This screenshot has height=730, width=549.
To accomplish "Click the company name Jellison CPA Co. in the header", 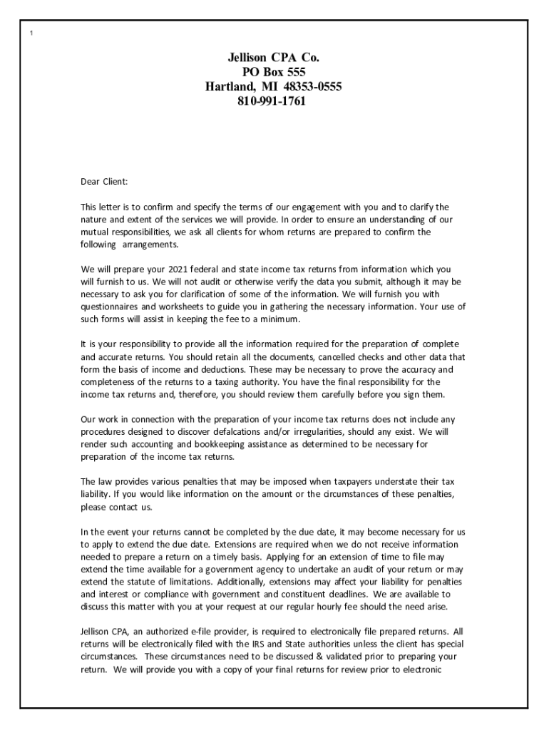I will [274, 58].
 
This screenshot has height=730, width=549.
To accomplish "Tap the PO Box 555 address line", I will [274, 72].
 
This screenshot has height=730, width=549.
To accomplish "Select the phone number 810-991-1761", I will [274, 101].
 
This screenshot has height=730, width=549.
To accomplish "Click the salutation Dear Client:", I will [104, 182].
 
